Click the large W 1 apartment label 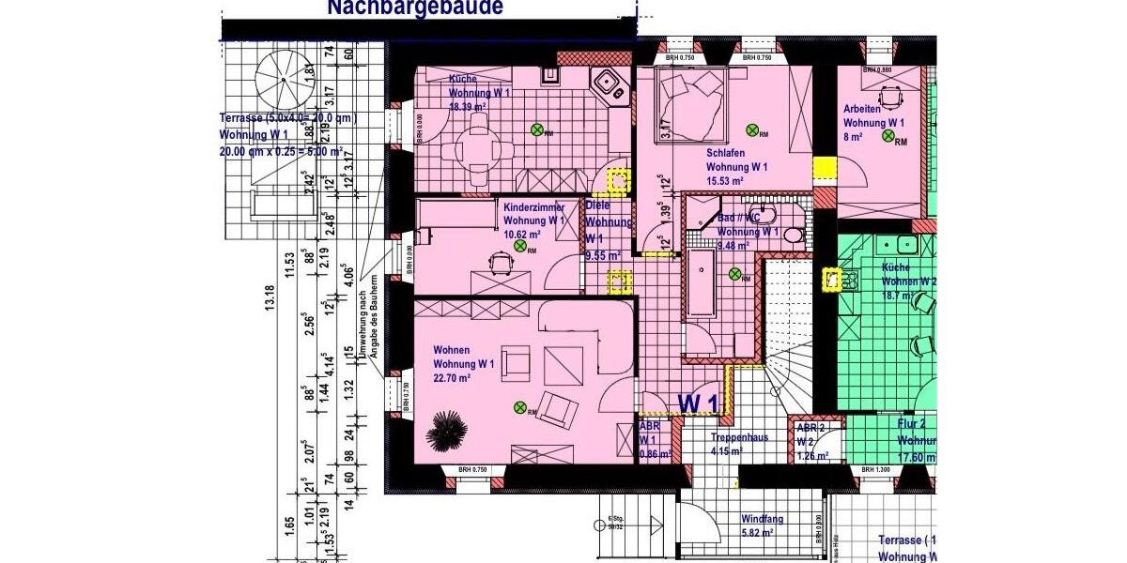[698, 403]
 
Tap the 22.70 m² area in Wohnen [452, 377]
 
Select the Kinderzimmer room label [533, 206]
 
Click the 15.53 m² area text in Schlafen [725, 180]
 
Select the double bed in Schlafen [694, 106]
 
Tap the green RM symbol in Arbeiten [887, 137]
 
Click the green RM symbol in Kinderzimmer [519, 246]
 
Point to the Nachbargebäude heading [414, 8]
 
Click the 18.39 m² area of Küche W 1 [468, 108]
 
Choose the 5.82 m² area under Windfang [757, 532]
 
